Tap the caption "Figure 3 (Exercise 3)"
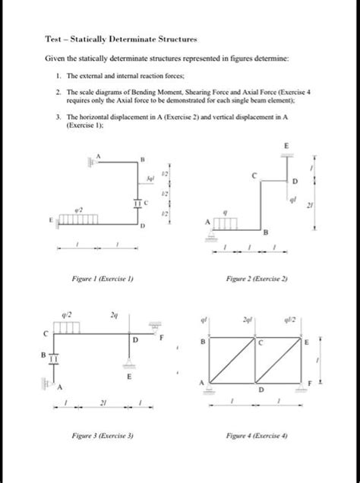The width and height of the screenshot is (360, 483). [x=103, y=438]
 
